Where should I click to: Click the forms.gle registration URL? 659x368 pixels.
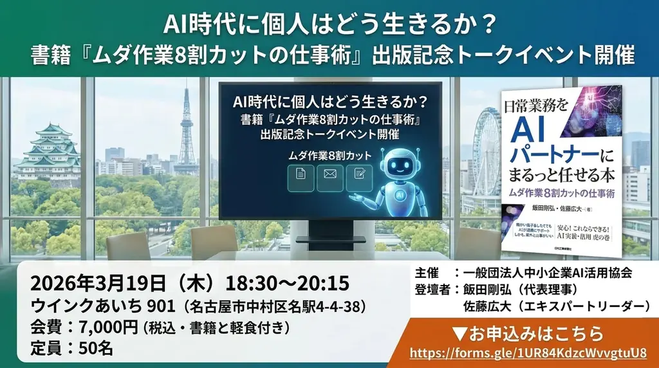(527, 353)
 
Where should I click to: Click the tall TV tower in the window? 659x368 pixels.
(187, 129)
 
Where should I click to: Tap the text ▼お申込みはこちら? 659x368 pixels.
(527, 334)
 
